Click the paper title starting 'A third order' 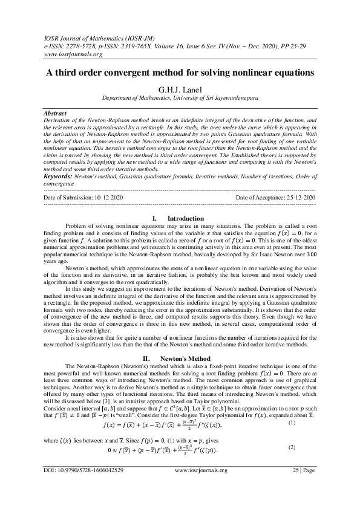coord(180,73)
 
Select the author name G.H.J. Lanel coord(180,89)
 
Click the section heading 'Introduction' coord(186,218)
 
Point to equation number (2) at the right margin coord(309,447)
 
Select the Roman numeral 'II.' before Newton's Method coord(146,358)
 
